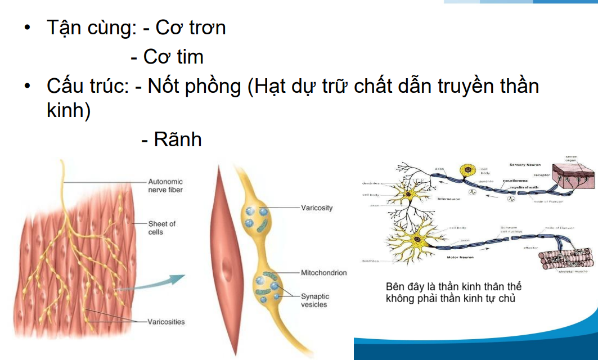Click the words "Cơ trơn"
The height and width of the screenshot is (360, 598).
[x=190, y=28]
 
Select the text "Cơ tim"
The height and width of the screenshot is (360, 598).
[x=173, y=57]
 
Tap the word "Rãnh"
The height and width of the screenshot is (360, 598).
[x=178, y=139]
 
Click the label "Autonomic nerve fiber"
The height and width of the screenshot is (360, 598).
[x=165, y=186]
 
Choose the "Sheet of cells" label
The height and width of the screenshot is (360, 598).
[x=162, y=227]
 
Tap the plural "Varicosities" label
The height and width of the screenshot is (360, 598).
[x=167, y=322]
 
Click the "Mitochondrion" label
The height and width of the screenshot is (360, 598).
[x=324, y=273]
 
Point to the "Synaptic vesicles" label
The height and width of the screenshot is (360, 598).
[x=315, y=300]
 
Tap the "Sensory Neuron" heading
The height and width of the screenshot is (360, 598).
[x=525, y=165]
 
